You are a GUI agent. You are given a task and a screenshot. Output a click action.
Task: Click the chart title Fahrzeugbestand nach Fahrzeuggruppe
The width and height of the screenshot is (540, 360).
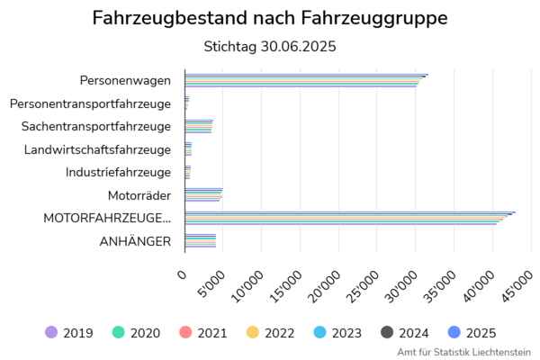pyautogui.click(x=270, y=18)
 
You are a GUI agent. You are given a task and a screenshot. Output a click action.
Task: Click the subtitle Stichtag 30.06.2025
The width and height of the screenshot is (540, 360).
pyautogui.click(x=270, y=46)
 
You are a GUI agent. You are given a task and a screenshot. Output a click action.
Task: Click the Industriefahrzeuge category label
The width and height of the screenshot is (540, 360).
pyautogui.click(x=118, y=172)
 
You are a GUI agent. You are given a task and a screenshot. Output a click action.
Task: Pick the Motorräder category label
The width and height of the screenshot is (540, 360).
pyautogui.click(x=139, y=195)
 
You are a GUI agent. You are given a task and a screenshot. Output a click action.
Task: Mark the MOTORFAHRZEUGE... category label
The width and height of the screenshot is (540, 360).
pyautogui.click(x=107, y=218)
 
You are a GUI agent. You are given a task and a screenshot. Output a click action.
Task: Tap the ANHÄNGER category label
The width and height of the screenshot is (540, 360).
pyautogui.click(x=136, y=241)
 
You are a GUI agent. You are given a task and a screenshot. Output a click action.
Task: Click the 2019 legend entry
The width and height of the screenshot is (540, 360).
pyautogui.click(x=69, y=333)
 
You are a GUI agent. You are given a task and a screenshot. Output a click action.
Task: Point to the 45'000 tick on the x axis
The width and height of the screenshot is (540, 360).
pyautogui.click(x=517, y=286)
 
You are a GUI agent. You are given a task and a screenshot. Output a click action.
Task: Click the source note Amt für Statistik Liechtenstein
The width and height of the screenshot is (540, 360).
pyautogui.click(x=463, y=352)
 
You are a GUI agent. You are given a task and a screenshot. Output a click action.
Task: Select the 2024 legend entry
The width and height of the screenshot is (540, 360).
pyautogui.click(x=404, y=333)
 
